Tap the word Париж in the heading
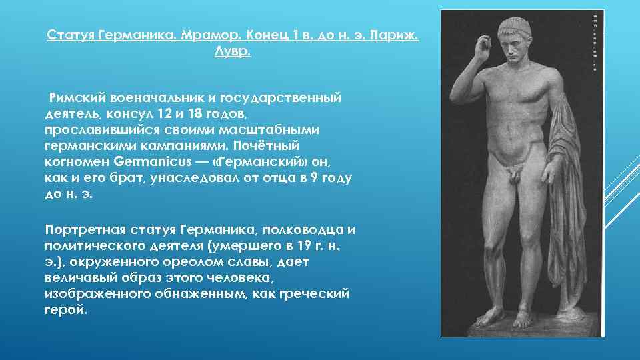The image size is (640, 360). tap(395, 35)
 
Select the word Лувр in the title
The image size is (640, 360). tap(232, 51)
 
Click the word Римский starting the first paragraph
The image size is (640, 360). tap(81, 98)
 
